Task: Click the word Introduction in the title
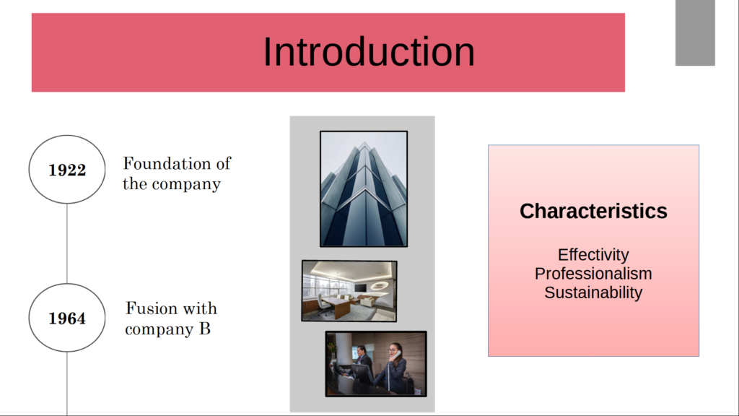click(369, 51)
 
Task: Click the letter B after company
click(204, 329)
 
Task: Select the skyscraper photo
click(364, 188)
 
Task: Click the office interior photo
click(349, 290)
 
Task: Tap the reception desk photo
click(375, 364)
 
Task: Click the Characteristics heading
click(593, 211)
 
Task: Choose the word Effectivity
click(593, 255)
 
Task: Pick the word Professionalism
click(593, 274)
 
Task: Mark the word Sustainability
click(593, 292)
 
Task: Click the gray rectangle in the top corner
click(695, 32)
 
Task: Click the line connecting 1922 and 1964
click(67, 243)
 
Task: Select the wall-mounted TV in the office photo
click(360, 287)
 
